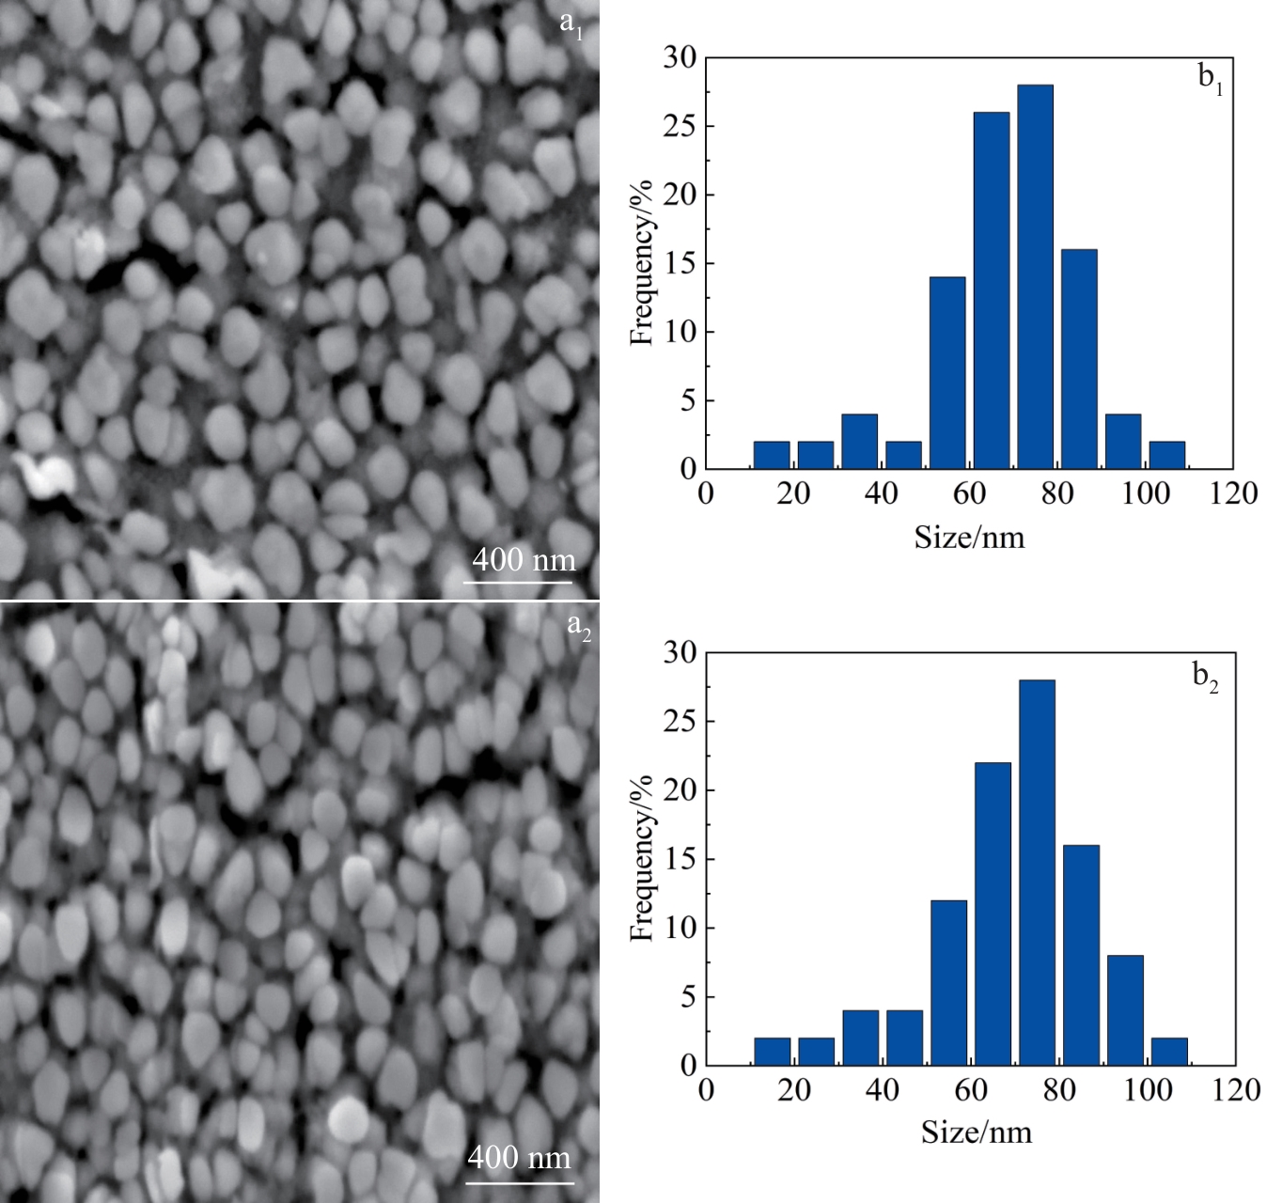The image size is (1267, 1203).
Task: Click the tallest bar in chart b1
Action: (x=1035, y=276)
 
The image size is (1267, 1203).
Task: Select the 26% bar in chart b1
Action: (x=991, y=290)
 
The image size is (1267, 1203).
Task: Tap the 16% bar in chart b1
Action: (x=1079, y=359)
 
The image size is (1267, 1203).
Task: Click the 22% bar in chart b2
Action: (x=993, y=914)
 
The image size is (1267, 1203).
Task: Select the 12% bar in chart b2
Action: (x=948, y=982)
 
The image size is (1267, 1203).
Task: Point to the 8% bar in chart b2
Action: (x=1125, y=1009)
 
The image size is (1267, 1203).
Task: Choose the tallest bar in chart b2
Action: (x=1037, y=872)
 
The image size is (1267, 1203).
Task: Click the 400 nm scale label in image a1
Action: (x=524, y=560)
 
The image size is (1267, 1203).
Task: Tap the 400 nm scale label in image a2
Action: (x=519, y=1157)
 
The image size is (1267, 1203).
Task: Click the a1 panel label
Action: (x=571, y=24)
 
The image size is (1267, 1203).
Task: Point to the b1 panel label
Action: (x=1211, y=79)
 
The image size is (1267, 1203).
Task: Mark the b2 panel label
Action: (x=1205, y=677)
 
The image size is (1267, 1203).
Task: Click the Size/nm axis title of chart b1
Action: (x=969, y=538)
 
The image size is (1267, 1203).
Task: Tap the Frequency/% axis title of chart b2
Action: (x=641, y=858)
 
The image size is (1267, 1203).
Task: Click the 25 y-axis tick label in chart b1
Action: (x=680, y=126)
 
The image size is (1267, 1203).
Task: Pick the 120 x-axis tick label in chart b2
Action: (x=1235, y=1090)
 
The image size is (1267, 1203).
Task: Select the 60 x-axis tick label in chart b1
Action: (x=969, y=493)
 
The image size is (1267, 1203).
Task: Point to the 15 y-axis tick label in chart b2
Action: (x=680, y=859)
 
